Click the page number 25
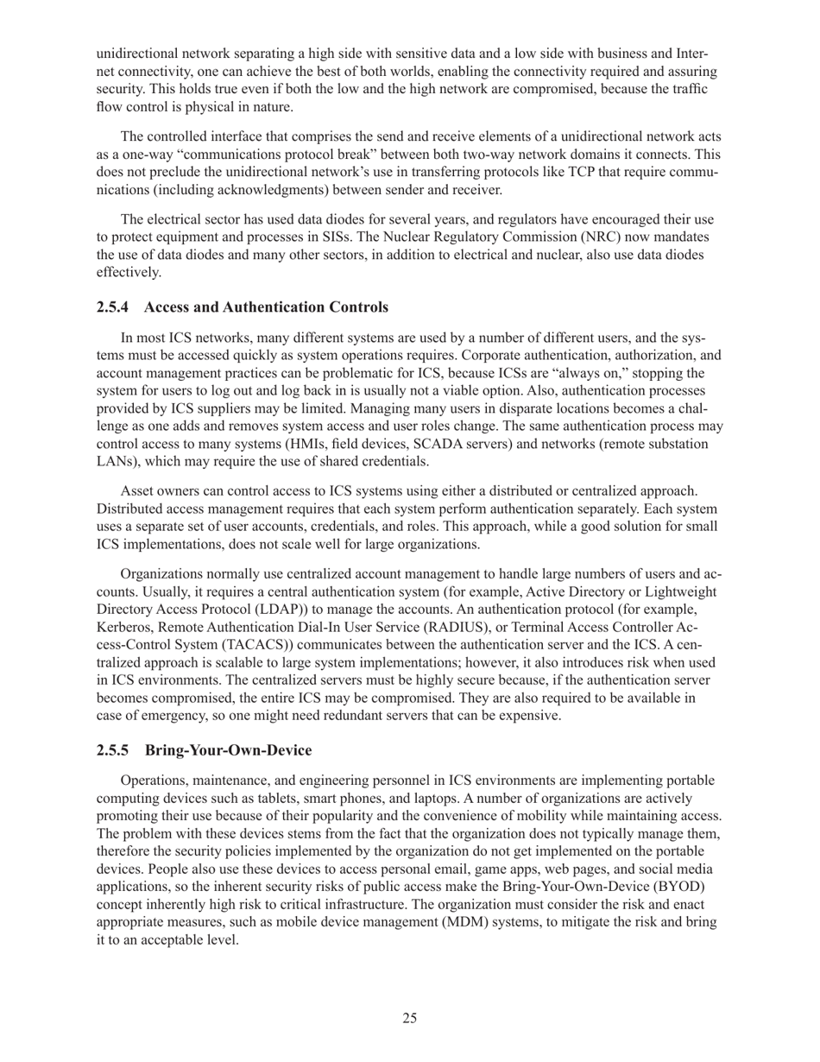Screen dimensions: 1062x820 (409, 1018)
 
